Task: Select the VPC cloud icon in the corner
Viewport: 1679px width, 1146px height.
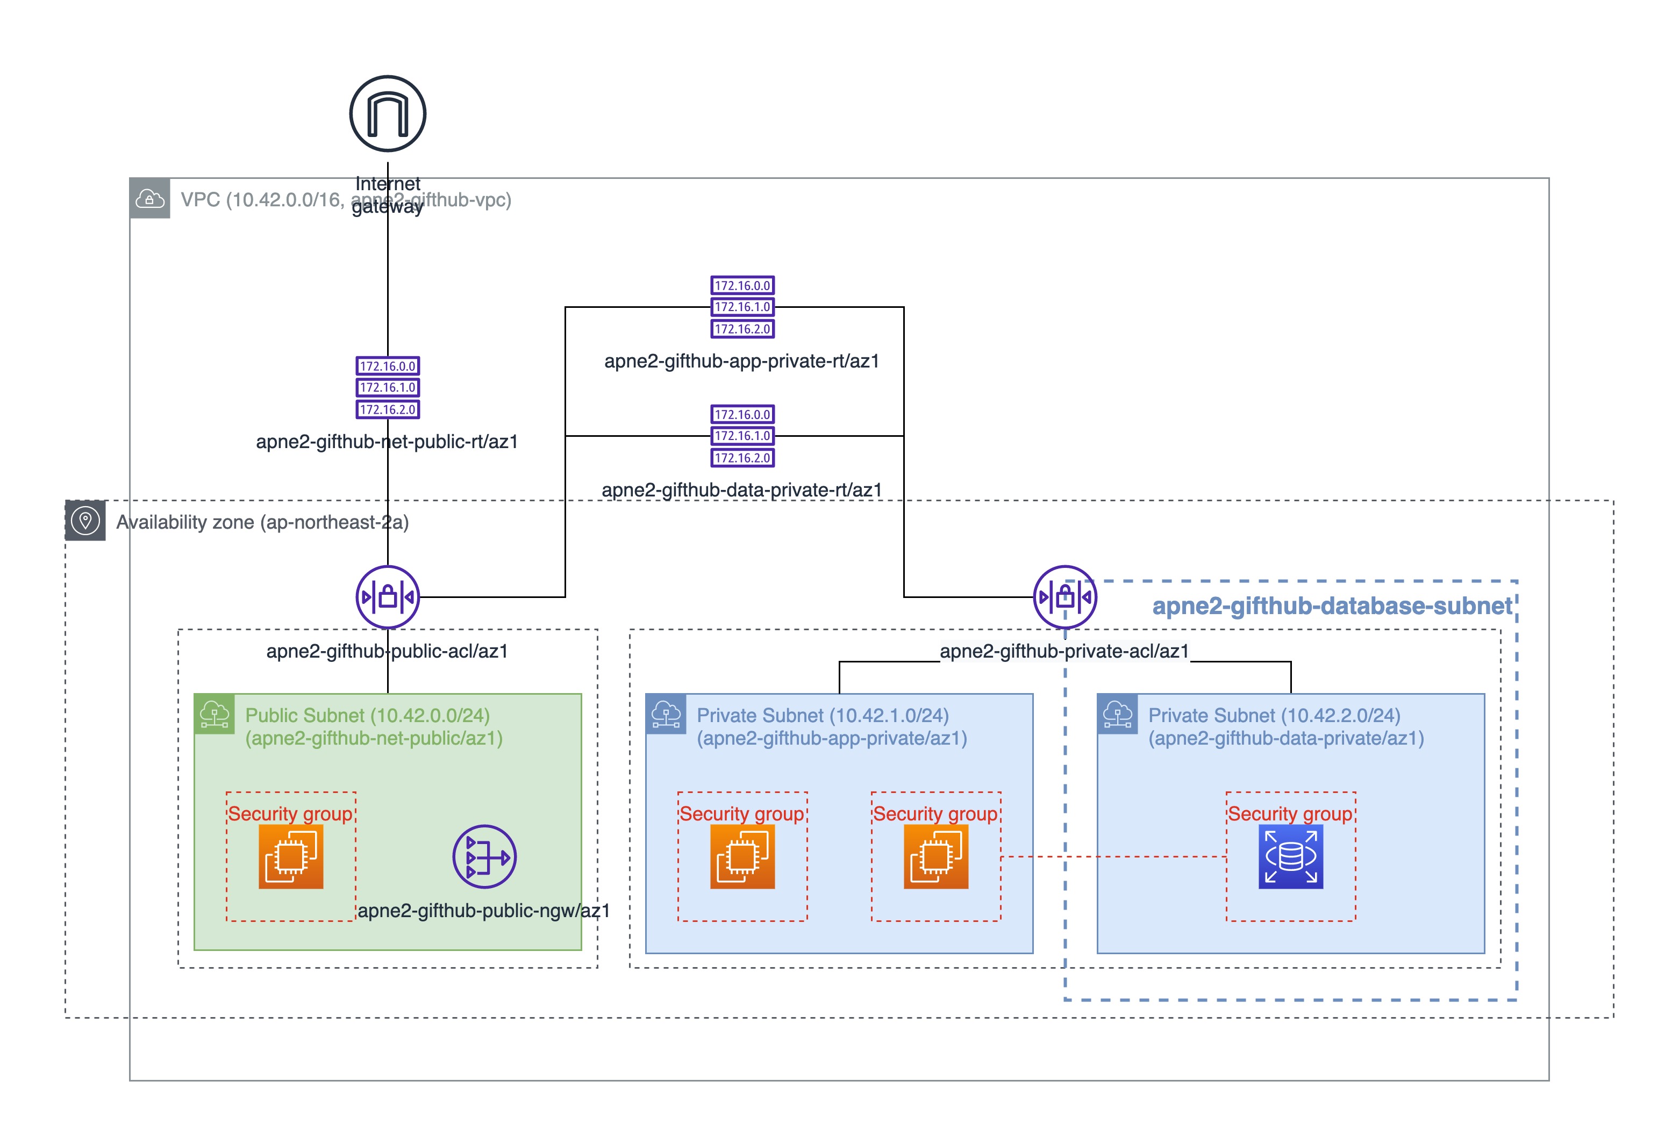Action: (x=149, y=199)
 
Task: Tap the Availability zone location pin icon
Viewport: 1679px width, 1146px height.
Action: (x=85, y=521)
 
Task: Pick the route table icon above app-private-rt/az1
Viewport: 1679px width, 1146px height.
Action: (x=742, y=307)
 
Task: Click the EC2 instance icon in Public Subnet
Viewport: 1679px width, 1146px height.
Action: (x=290, y=856)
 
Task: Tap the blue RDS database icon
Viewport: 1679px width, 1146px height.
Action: (x=1290, y=856)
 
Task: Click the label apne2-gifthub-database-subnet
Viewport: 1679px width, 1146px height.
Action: (x=1332, y=606)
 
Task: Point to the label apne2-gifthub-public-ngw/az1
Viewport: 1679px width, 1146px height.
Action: (x=483, y=911)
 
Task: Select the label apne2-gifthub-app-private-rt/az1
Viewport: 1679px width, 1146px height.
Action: (x=742, y=361)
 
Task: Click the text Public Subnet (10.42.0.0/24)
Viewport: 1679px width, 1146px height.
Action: (x=367, y=716)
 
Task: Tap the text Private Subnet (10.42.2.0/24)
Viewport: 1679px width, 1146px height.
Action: (x=1274, y=716)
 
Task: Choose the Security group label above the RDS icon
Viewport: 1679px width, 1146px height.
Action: (x=1290, y=814)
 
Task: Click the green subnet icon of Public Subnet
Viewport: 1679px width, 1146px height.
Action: (x=215, y=714)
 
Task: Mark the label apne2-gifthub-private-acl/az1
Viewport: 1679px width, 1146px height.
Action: (x=1064, y=651)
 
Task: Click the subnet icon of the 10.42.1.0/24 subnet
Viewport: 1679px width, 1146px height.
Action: (x=666, y=714)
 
